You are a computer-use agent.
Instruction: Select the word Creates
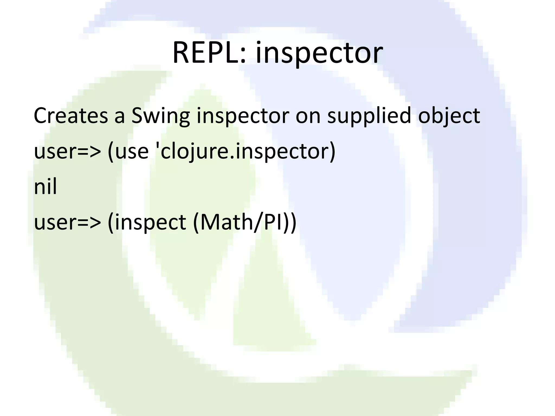[71, 116]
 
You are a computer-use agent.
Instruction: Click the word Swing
[161, 116]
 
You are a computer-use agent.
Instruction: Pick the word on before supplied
[308, 116]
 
